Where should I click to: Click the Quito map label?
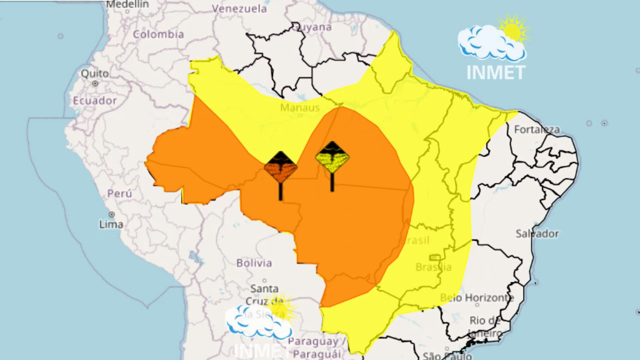click(x=95, y=73)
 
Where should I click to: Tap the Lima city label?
click(x=111, y=224)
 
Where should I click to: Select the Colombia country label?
click(x=158, y=34)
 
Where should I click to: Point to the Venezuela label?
click(x=239, y=9)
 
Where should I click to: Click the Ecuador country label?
click(x=95, y=101)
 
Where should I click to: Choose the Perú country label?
click(x=120, y=193)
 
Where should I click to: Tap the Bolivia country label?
click(x=254, y=263)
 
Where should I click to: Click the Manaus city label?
click(x=300, y=108)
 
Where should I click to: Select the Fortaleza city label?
click(x=537, y=129)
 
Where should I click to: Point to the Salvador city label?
click(x=537, y=234)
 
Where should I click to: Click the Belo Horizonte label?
click(x=477, y=297)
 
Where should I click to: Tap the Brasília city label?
click(x=433, y=267)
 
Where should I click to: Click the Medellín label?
click(x=127, y=4)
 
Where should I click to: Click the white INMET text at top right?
click(x=496, y=72)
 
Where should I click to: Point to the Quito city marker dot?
click(x=95, y=83)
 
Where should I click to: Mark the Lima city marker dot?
click(x=112, y=214)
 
